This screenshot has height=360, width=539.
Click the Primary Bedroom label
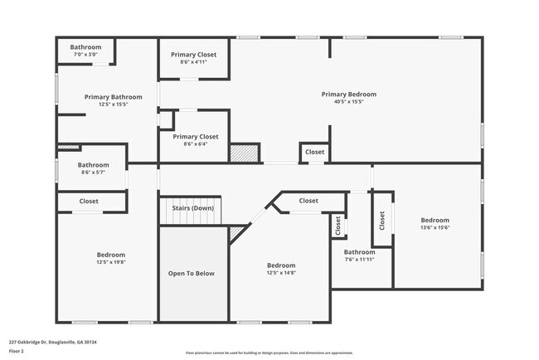coord(348,95)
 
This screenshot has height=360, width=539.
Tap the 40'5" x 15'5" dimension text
coord(348,102)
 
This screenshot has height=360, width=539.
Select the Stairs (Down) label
coord(192,208)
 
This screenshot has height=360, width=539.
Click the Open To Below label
coord(192,273)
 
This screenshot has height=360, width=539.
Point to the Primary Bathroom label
coord(114,97)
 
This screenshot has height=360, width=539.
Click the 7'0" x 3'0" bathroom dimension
coord(85,55)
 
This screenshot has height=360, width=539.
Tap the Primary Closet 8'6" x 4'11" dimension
coord(195,61)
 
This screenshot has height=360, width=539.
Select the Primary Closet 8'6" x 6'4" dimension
coord(195,144)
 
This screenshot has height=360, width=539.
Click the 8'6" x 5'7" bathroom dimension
coord(94,173)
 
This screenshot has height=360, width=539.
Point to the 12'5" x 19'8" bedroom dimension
coord(111,262)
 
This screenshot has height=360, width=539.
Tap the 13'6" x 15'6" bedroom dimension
coord(435,227)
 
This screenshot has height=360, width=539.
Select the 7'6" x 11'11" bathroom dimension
coord(359,259)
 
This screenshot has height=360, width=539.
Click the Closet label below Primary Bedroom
coord(315,153)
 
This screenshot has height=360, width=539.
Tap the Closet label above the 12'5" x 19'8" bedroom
coord(89,201)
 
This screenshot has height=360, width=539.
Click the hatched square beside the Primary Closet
coord(245,153)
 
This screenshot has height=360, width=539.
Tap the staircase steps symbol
coord(192,218)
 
